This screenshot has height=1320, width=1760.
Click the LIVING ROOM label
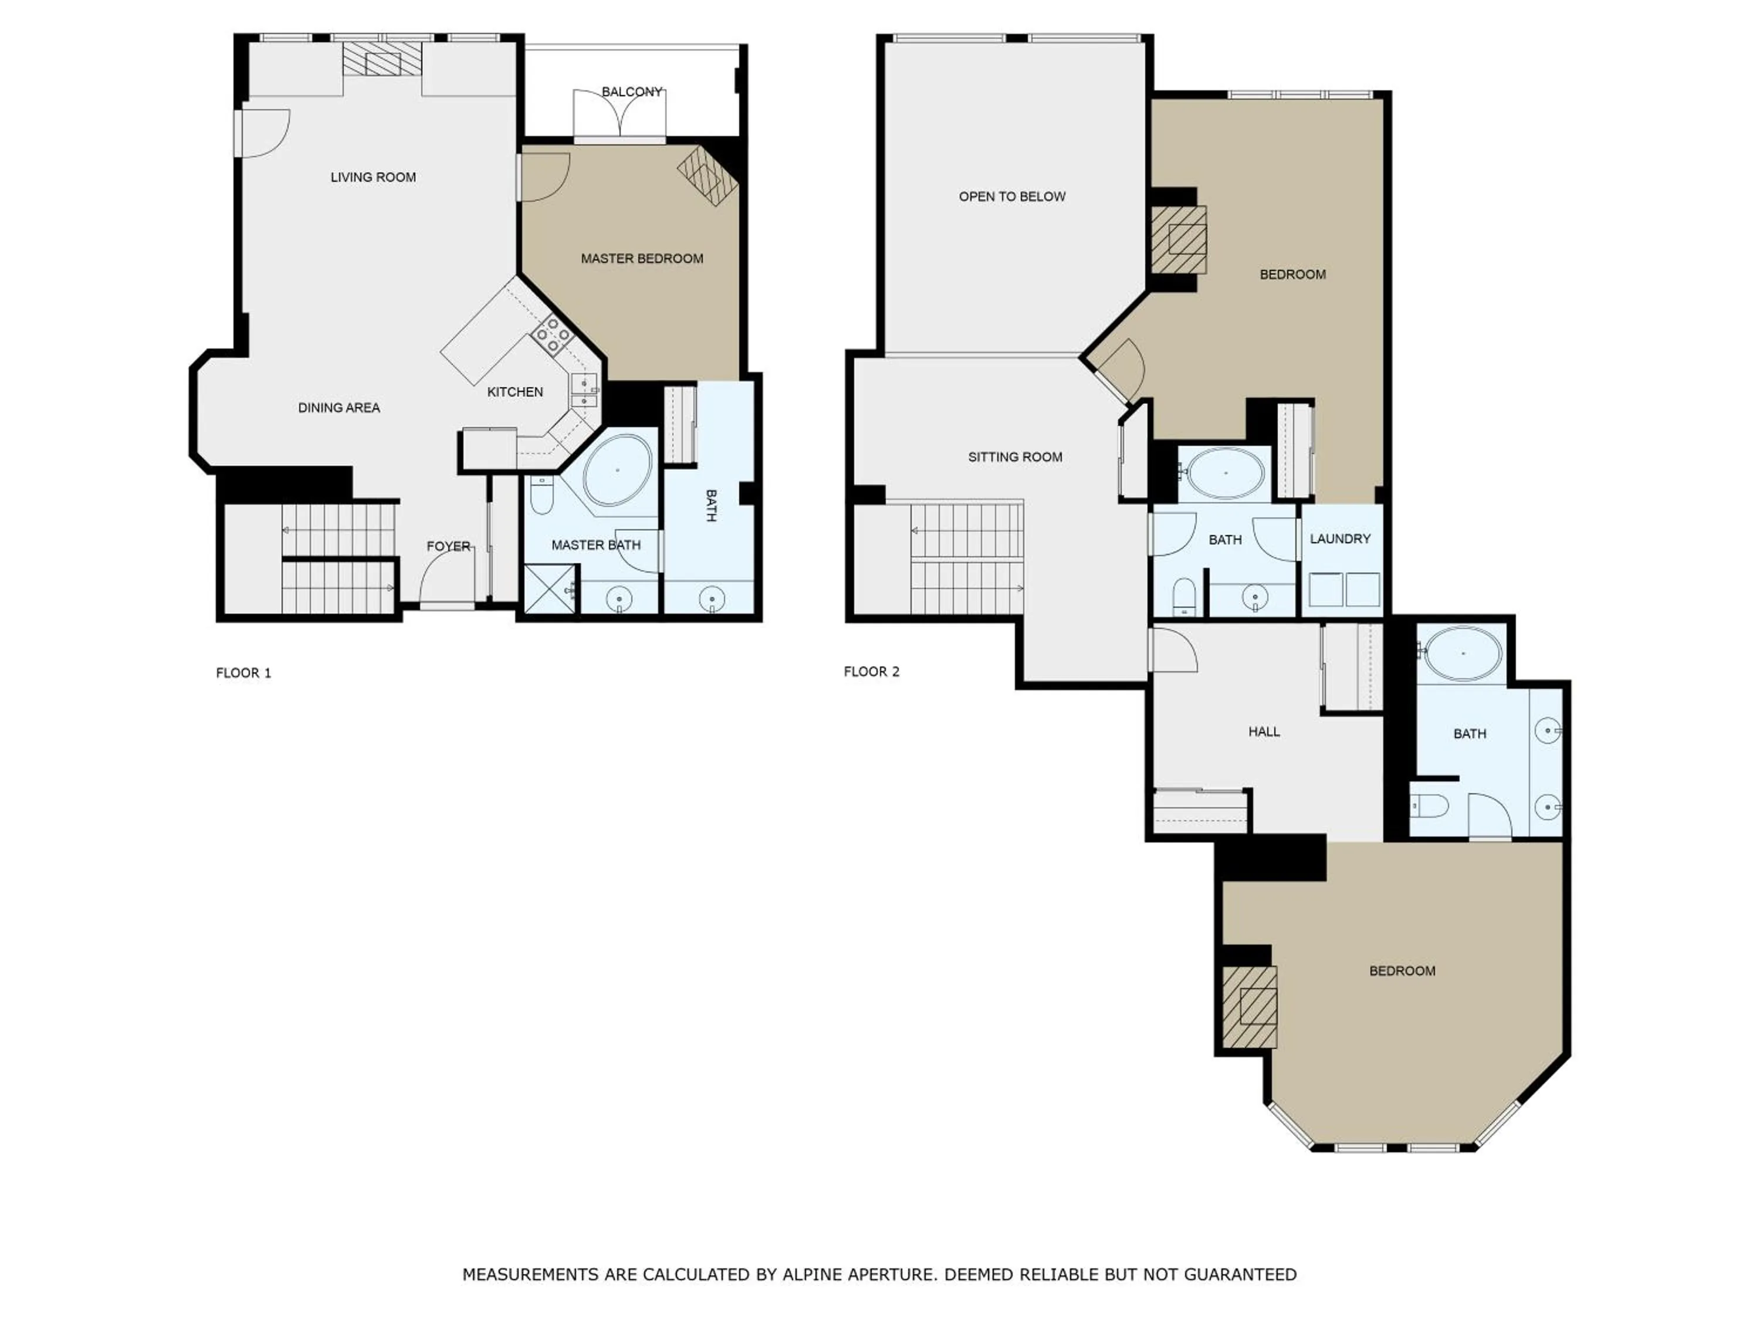point(373,177)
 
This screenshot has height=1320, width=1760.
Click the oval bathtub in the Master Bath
point(617,471)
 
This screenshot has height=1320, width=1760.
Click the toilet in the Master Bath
point(542,495)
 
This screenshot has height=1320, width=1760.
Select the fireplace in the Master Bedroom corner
point(706,177)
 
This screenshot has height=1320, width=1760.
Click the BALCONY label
point(632,92)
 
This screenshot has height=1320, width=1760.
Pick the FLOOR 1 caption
point(243,673)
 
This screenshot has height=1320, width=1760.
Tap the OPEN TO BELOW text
point(1011,197)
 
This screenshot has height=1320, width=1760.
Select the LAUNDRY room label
point(1340,539)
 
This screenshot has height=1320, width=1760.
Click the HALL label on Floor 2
point(1264,731)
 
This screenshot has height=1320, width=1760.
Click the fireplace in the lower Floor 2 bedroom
point(1251,1007)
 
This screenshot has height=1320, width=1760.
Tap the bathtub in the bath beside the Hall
point(1463,652)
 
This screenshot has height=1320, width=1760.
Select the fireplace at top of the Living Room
point(382,59)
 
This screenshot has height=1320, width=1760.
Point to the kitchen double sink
point(584,391)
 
